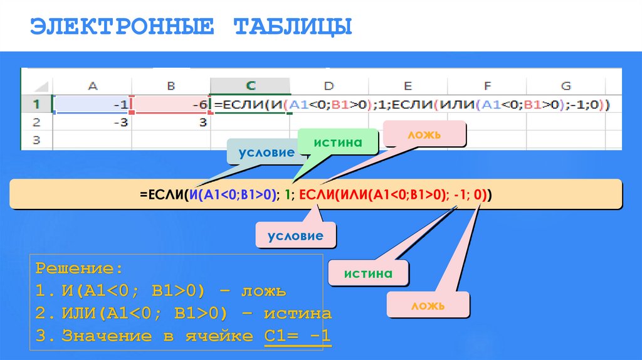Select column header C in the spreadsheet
coord(250,86)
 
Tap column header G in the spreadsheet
coord(566,86)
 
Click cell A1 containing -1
coord(93,104)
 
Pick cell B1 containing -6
coord(172,104)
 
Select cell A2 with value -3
coord(93,122)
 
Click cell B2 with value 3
coord(172,122)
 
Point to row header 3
coord(36,140)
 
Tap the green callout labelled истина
coord(339,142)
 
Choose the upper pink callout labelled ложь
coord(425,135)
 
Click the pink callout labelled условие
coord(295,236)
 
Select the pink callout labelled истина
coord(368,273)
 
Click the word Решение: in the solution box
coord(78,269)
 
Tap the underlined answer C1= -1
coord(297,336)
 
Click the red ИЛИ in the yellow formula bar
coord(354,194)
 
